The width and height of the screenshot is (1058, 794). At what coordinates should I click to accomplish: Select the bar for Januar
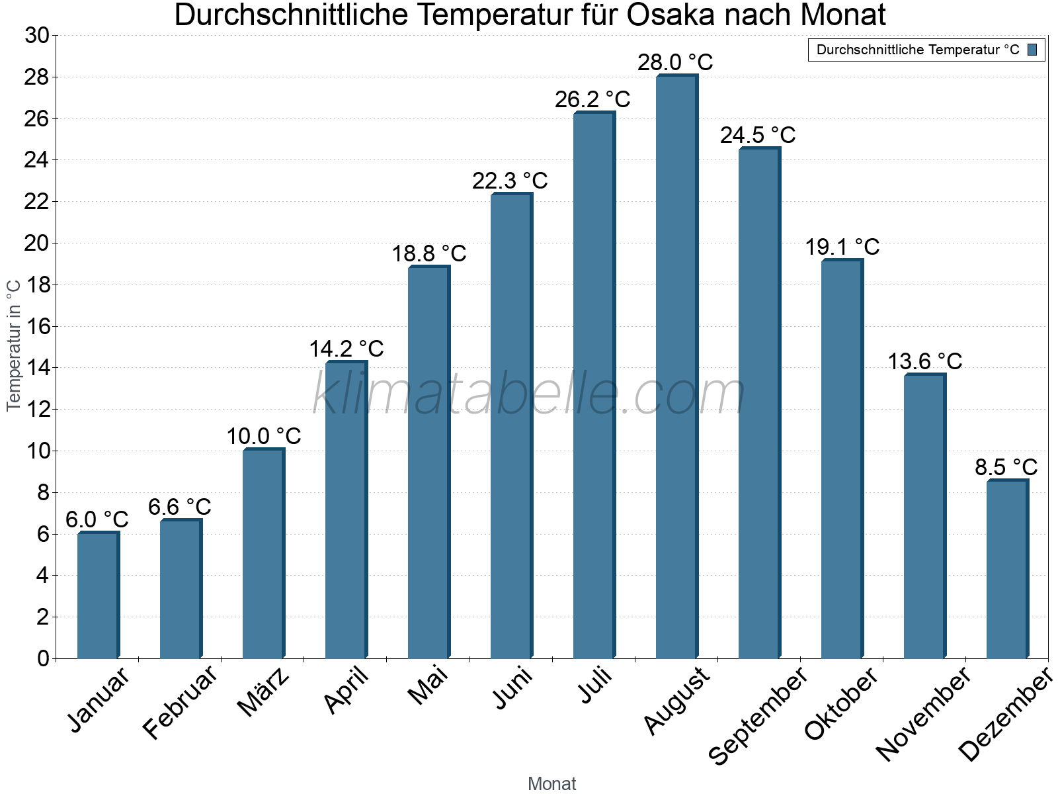coord(98,595)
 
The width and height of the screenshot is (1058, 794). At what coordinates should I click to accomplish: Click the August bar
coord(676,367)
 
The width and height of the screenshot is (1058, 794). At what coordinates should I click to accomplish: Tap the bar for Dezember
coord(1007,569)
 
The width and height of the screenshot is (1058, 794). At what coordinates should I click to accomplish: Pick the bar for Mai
coord(428,463)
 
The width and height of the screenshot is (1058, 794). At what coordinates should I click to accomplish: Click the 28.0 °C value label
coord(675,62)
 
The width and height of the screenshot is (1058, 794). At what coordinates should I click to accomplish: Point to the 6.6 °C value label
coord(179,507)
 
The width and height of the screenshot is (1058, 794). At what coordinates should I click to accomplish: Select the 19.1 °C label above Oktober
coord(842,247)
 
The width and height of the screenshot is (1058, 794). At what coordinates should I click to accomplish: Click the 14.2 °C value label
coord(346,349)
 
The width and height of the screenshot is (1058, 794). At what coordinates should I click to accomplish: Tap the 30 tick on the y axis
coord(37,36)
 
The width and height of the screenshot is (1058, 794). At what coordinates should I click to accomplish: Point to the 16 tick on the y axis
coord(37,326)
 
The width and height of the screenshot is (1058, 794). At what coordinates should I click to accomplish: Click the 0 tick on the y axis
coord(44,658)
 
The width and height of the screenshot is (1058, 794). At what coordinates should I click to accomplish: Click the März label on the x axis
coord(263,692)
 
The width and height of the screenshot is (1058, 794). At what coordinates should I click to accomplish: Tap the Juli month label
coord(596,685)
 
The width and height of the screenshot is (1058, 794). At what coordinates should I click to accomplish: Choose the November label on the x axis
coord(923,715)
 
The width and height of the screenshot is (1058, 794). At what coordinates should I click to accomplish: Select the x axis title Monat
coord(551,783)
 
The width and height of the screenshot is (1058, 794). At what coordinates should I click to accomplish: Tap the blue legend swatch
coord(1033,50)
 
